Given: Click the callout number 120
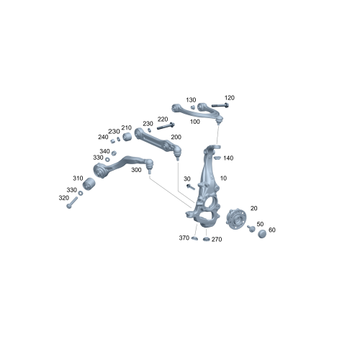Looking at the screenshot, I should [x=230, y=97].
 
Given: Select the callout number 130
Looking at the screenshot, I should [x=191, y=100].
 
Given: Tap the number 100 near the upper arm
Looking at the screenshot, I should [x=195, y=122].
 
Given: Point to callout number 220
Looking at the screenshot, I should [x=163, y=119].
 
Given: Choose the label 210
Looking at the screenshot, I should [x=126, y=127].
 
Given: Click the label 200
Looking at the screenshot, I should [x=176, y=136].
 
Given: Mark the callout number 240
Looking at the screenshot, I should [x=103, y=137].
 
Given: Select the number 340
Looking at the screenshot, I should [x=104, y=151].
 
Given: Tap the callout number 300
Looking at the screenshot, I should [x=136, y=171].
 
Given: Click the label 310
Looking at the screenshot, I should [x=78, y=178].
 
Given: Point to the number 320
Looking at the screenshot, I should [x=63, y=198].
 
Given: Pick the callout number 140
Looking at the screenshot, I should [x=228, y=158].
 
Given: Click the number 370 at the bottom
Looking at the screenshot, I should [x=184, y=238].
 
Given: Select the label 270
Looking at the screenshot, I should [x=217, y=239].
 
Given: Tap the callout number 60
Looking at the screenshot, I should [x=271, y=230].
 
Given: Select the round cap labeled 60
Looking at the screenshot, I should [x=261, y=232].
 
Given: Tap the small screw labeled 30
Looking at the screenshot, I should [x=190, y=186].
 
